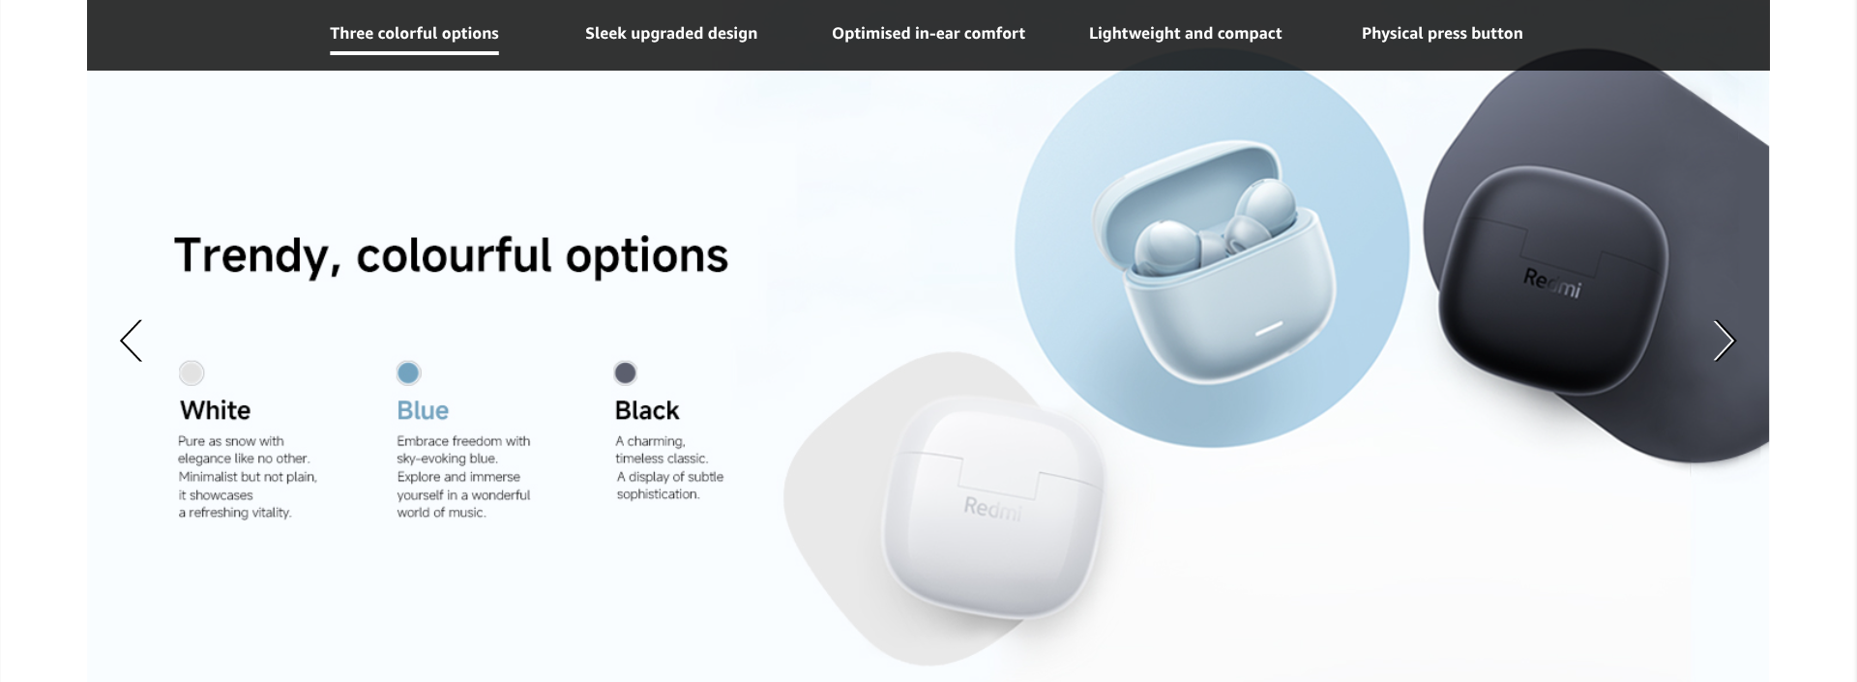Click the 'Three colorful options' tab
click(x=414, y=34)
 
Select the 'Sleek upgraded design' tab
click(x=671, y=34)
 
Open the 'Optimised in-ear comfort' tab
click(x=928, y=34)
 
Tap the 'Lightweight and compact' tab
click(x=1185, y=34)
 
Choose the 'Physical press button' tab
click(x=1442, y=34)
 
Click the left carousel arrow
click(x=131, y=341)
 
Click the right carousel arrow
click(x=1724, y=341)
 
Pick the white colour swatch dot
click(x=192, y=372)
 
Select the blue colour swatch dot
click(x=408, y=372)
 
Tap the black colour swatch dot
click(x=626, y=372)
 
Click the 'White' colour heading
click(x=215, y=410)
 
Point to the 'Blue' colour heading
click(x=423, y=410)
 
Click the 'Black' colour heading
click(x=647, y=410)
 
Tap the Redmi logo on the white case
click(x=992, y=508)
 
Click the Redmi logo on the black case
click(x=1552, y=283)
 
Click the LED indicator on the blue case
click(x=1268, y=330)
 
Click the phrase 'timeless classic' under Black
click(x=662, y=459)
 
